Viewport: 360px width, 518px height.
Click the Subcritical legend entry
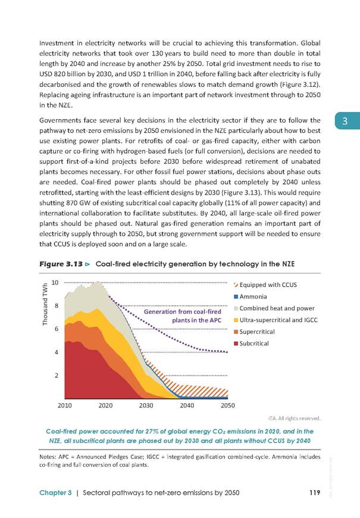click(251, 343)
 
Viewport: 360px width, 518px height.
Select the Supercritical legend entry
click(254, 332)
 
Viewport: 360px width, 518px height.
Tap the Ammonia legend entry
click(250, 297)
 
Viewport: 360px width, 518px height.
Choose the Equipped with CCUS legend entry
click(265, 285)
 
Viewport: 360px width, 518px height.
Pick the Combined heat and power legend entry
click(274, 308)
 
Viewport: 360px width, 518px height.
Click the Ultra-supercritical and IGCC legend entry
click(276, 320)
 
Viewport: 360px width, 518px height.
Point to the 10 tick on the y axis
click(55, 282)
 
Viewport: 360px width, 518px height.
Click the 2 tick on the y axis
click(57, 375)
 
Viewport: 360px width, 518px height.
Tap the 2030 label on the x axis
click(146, 405)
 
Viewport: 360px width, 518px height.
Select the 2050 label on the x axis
click(227, 405)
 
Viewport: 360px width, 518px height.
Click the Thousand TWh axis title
click(45, 304)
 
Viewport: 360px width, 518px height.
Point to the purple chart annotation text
click(182, 316)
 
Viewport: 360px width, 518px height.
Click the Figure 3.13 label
click(61, 264)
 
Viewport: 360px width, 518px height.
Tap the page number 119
click(315, 492)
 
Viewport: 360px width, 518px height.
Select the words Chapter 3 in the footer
click(55, 493)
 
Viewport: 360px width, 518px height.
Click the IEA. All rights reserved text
click(294, 418)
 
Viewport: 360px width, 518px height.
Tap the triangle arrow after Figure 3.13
click(87, 264)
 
